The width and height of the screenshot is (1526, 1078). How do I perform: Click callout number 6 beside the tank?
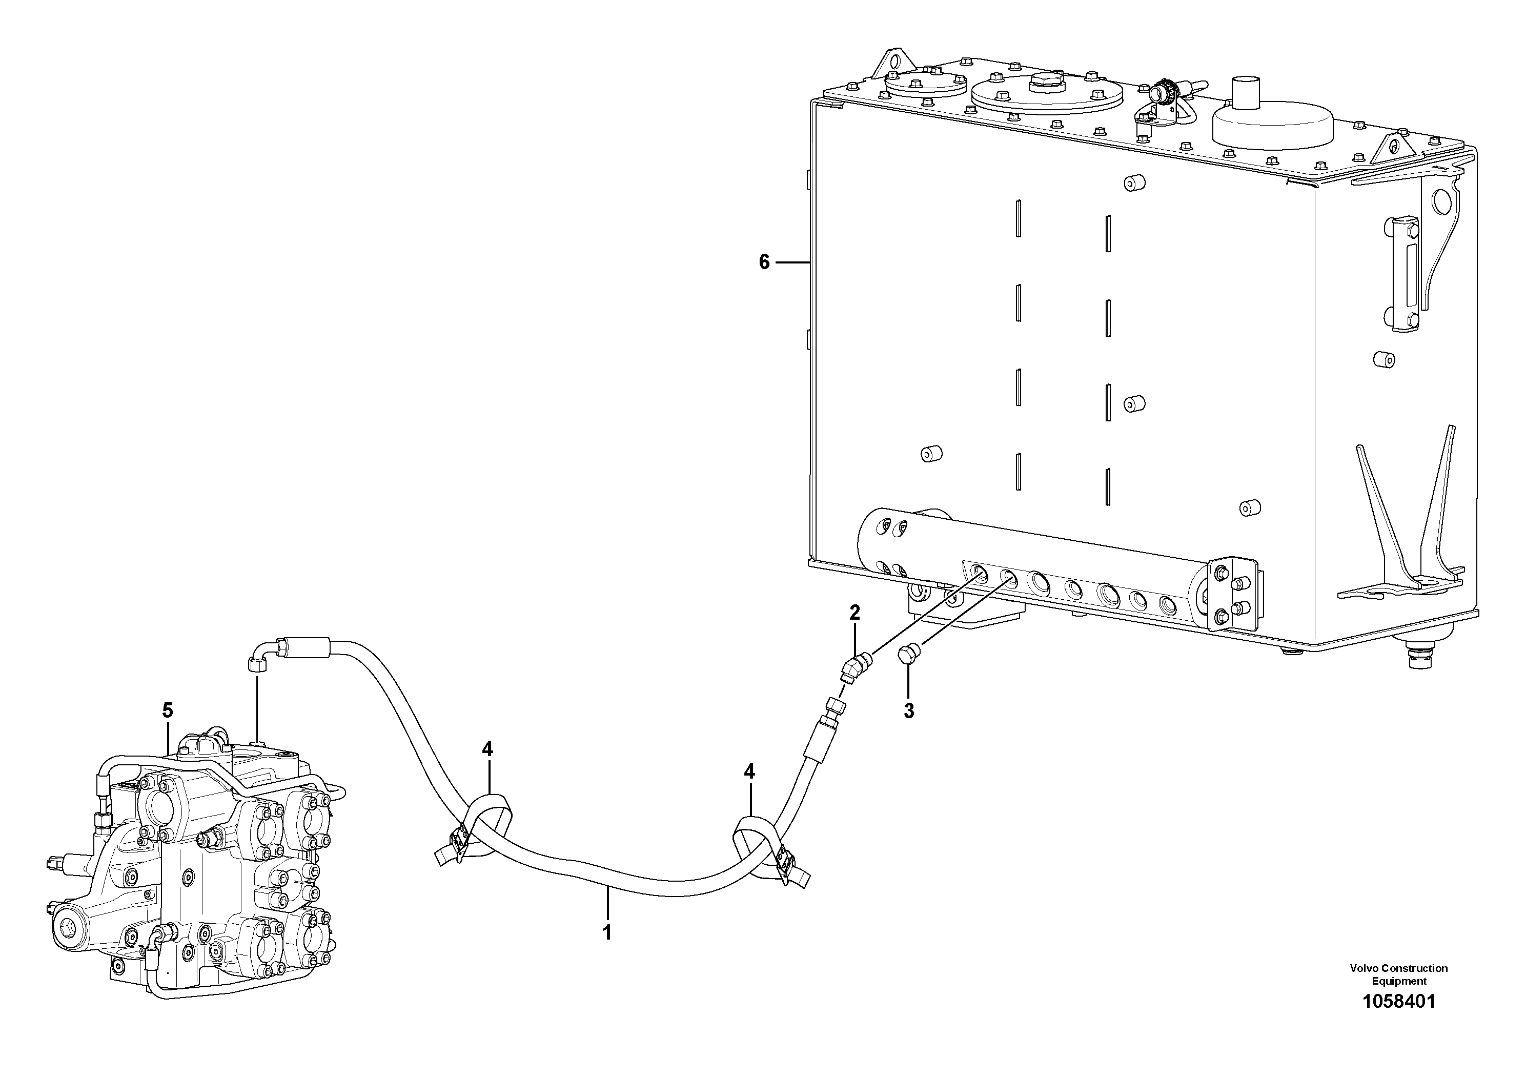click(x=764, y=262)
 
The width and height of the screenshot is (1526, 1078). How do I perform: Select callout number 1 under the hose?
click(x=606, y=932)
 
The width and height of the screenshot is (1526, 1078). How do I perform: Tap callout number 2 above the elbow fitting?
click(x=854, y=612)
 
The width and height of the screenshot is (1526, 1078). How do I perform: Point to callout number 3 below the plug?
click(x=908, y=710)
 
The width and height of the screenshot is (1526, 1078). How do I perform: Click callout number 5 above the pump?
click(x=168, y=710)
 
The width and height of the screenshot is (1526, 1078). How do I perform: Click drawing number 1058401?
click(x=1398, y=1020)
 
